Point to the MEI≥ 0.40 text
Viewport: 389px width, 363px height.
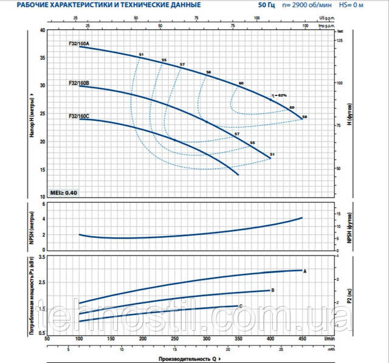click(x=63, y=192)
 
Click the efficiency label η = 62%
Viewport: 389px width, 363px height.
click(x=278, y=95)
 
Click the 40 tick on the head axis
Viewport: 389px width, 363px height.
click(x=42, y=30)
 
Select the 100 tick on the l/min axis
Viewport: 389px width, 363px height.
click(x=79, y=339)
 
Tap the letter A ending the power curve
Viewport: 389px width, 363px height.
click(x=305, y=270)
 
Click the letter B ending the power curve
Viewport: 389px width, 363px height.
click(x=273, y=290)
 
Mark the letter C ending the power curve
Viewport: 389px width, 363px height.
click(x=241, y=306)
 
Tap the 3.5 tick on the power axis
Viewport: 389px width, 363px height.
click(x=41, y=257)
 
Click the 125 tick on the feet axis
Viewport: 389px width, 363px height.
click(x=340, y=40)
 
